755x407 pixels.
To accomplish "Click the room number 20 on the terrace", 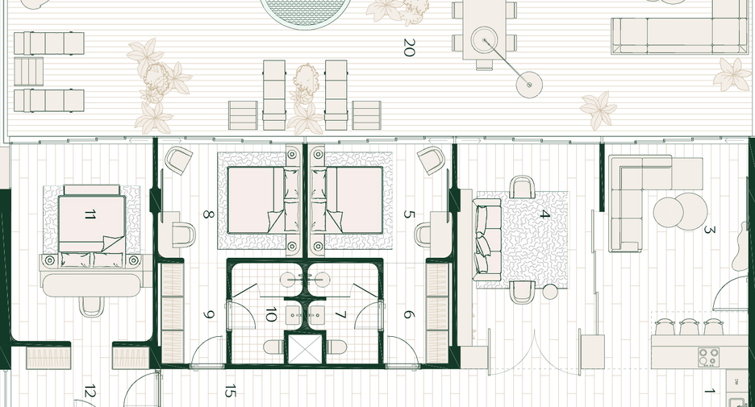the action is click(x=408, y=48).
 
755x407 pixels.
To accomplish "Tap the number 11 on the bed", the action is click(x=90, y=214).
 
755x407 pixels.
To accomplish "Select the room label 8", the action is click(x=208, y=214).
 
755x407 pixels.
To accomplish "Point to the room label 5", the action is click(x=408, y=214).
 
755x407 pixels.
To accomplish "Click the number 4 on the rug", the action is click(x=544, y=214).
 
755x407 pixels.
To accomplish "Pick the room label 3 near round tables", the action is click(x=709, y=230).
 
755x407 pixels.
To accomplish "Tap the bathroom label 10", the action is click(x=270, y=314).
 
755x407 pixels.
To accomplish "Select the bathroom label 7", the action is click(x=340, y=315).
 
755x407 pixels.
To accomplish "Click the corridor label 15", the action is click(x=230, y=391).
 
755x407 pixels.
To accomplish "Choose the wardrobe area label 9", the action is click(x=208, y=314).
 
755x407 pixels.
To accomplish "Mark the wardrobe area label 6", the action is click(x=408, y=314).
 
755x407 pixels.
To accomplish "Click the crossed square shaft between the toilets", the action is click(x=305, y=348).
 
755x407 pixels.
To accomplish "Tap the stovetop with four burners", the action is click(x=709, y=356).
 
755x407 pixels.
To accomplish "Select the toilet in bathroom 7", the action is click(x=336, y=347).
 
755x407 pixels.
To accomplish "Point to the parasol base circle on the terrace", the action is click(x=529, y=85).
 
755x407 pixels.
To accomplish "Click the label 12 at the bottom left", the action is click(x=90, y=392).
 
